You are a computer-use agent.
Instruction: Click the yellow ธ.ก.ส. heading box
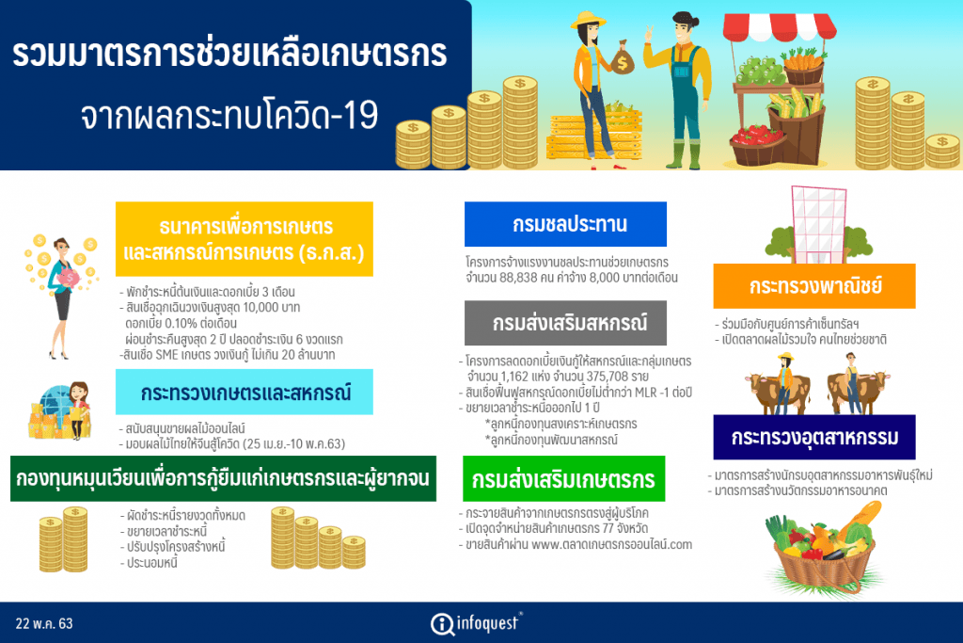[x=245, y=238]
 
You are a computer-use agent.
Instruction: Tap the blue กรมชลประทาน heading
[x=565, y=224]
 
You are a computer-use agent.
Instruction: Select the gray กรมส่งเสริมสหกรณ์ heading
[x=565, y=323]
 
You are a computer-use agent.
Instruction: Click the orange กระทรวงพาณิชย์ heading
[x=814, y=286]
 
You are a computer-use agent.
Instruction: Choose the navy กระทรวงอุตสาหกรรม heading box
[x=814, y=437]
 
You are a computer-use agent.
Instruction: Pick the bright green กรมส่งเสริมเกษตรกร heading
[x=564, y=479]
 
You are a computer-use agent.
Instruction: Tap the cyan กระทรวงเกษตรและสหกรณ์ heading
[x=245, y=393]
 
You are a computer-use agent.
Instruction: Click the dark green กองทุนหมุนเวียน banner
[x=223, y=478]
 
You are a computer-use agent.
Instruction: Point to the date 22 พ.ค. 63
[x=44, y=623]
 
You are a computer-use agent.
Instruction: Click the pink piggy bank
[x=68, y=278]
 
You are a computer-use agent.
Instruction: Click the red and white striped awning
[x=780, y=25]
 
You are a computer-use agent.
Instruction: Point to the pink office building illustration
[x=819, y=224]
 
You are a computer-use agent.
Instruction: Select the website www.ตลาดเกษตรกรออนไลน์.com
[x=611, y=545]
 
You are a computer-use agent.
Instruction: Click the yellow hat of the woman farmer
[x=589, y=21]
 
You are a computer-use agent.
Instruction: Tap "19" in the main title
[x=360, y=115]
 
